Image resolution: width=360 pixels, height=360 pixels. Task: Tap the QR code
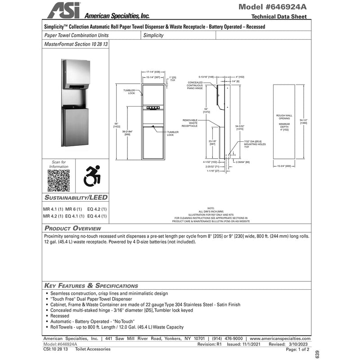tap(59, 181)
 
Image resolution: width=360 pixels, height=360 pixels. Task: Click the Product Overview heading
tap(73, 229)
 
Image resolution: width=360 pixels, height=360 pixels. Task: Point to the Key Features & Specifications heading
tap(91, 285)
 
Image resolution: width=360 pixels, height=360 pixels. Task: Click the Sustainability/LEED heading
tap(76, 198)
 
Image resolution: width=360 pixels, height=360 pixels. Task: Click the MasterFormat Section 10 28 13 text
tap(76, 45)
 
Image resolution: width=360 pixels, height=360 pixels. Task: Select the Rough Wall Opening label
tap(284, 117)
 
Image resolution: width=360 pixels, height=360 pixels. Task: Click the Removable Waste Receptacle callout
tap(190, 123)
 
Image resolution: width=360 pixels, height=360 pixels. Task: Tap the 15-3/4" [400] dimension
tap(284, 166)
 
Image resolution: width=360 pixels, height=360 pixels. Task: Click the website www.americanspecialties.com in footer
tap(279, 338)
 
